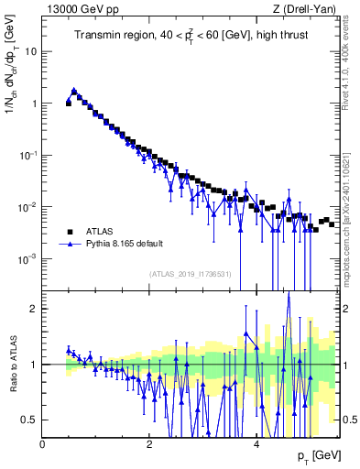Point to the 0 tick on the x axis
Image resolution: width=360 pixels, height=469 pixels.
(43, 444)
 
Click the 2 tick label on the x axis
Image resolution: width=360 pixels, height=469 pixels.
(149, 444)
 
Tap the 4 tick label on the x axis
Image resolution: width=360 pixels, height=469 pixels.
(256, 444)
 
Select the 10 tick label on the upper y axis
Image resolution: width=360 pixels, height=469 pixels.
(31, 51)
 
